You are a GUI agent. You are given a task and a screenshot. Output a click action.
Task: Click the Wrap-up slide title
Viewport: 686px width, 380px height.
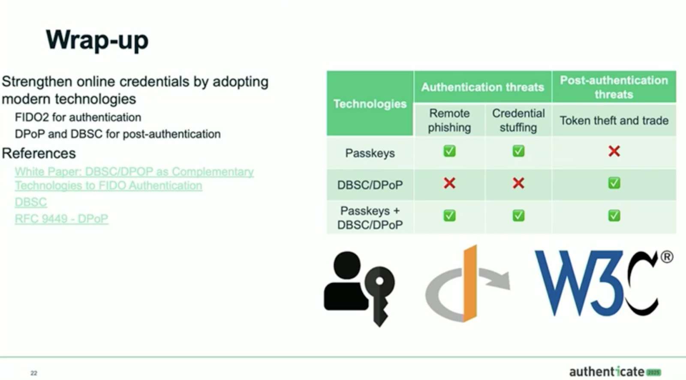[x=97, y=40]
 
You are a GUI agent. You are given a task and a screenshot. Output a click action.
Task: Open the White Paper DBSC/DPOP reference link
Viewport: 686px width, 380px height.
[x=134, y=178]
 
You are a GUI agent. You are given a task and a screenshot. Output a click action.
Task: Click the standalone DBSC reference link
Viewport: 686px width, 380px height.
[x=31, y=202]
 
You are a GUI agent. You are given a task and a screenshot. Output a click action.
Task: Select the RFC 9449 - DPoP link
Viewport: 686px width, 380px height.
[x=61, y=219]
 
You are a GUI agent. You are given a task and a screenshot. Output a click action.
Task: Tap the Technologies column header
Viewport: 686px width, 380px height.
[x=370, y=104]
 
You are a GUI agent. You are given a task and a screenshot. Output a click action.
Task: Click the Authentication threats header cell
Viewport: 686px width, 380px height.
[x=482, y=87]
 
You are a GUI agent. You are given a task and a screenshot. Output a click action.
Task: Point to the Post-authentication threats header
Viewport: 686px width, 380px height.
[x=614, y=87]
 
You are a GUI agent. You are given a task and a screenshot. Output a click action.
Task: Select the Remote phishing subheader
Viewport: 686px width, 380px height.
[x=449, y=120]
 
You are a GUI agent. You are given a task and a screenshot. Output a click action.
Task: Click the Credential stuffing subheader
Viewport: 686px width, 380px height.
[x=518, y=120]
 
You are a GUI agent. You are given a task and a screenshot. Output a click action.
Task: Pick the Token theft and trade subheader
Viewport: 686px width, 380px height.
[x=614, y=121]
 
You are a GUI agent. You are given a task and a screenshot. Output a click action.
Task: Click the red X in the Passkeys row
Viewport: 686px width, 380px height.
[x=614, y=151]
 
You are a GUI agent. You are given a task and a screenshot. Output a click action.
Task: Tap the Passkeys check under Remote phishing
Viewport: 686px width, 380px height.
[x=449, y=151]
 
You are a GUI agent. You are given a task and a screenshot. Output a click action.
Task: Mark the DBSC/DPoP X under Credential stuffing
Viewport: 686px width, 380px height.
[x=518, y=184]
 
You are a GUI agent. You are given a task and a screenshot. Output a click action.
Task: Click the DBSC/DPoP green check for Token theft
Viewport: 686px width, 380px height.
[x=614, y=183]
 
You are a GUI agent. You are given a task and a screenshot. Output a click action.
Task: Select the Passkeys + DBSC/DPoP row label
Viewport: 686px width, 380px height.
[x=370, y=218]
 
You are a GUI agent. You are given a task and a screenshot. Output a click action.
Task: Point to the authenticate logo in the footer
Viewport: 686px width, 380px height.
[x=614, y=371]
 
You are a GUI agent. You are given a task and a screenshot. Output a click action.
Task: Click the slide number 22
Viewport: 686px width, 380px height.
[x=34, y=373]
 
